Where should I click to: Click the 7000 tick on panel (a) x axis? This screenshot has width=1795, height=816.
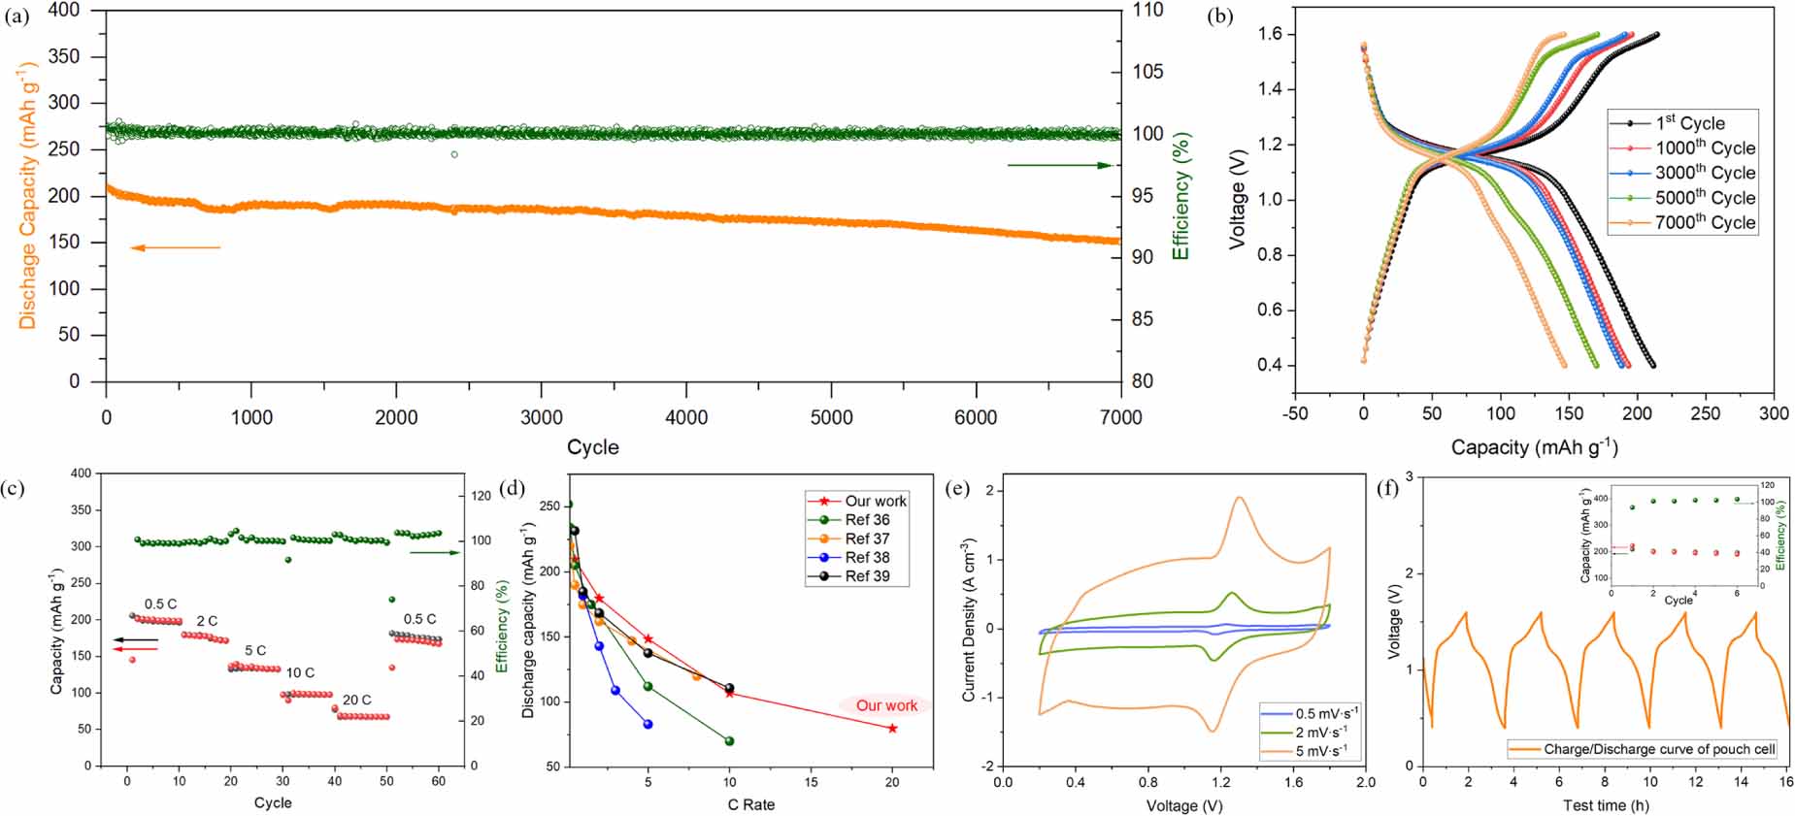point(1120,418)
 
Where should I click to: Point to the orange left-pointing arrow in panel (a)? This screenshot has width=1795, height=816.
point(175,248)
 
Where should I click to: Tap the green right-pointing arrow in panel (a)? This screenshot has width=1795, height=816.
point(1058,166)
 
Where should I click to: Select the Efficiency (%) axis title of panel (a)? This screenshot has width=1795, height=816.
point(1181,196)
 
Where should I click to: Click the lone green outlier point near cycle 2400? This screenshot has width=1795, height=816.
point(454,155)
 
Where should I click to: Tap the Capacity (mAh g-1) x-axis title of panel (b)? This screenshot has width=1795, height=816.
point(1534,447)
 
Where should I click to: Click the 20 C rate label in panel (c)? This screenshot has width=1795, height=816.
point(356,700)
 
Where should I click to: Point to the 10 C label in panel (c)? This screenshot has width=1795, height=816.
point(300,672)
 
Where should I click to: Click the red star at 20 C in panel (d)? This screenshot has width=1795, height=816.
point(892,729)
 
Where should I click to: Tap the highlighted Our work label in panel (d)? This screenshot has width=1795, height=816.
point(885,706)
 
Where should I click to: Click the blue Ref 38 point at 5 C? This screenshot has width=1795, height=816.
point(648,725)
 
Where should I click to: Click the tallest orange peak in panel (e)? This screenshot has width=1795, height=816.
point(1240,498)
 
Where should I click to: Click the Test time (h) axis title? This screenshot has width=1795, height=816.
point(1606,805)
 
